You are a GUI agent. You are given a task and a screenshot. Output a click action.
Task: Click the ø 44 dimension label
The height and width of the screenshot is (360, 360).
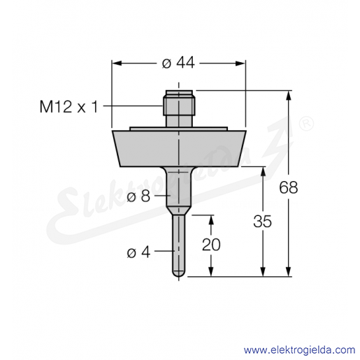178,63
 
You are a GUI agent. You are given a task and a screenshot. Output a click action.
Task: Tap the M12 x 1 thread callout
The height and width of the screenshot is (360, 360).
69,107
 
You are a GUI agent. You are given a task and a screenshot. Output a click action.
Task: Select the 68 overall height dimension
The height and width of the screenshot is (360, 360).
289,187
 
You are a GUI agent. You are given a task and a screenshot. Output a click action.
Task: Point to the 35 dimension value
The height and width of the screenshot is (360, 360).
263,221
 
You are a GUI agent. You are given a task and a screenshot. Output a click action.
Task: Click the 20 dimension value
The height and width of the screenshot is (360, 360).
211,245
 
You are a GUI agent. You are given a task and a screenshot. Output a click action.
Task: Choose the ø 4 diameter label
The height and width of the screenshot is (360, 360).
138,252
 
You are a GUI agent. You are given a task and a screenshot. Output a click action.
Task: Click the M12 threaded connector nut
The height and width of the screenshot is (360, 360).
179,106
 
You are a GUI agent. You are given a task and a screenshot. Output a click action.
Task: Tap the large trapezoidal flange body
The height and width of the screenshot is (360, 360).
179,148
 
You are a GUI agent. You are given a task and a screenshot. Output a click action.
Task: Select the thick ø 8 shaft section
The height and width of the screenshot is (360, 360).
179,187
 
